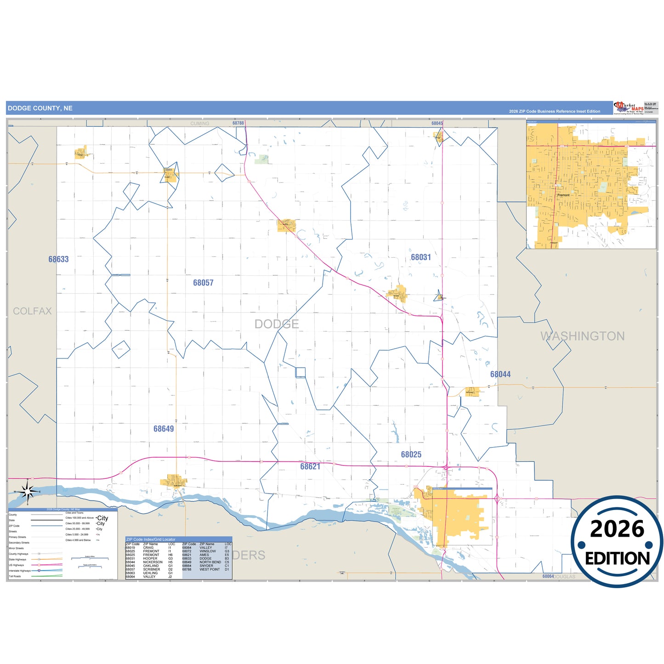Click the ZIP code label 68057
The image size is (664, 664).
coord(203,283)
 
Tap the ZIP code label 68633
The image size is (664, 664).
coord(58,260)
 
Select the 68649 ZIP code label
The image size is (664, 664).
coord(164,429)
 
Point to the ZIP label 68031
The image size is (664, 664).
coord(421,258)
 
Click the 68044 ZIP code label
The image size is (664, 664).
coord(500,375)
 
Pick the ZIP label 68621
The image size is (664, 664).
coord(310,467)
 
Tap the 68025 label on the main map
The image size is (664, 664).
coord(411,455)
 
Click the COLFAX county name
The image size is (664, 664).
coord(32,312)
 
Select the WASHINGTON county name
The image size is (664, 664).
coord(582,336)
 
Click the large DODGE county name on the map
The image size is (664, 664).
coord(277,324)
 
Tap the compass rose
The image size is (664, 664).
coord(28,492)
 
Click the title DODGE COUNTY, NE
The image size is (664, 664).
coord(40,108)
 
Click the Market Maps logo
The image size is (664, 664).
coord(629,108)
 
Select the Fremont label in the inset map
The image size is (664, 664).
coord(563,195)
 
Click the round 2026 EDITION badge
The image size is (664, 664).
coord(617,542)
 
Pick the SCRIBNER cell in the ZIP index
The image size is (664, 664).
coord(152,569)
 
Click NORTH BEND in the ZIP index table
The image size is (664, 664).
coord(210,562)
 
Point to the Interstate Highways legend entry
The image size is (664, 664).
coord(20,571)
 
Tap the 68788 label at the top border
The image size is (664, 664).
coord(238,123)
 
